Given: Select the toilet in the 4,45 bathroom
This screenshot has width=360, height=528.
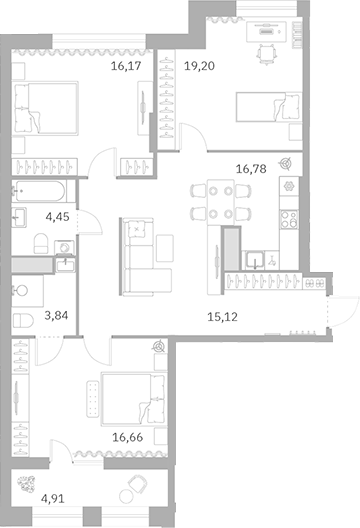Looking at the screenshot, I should (x=39, y=241).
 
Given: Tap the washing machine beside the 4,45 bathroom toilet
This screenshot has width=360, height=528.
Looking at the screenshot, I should (x=65, y=245).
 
